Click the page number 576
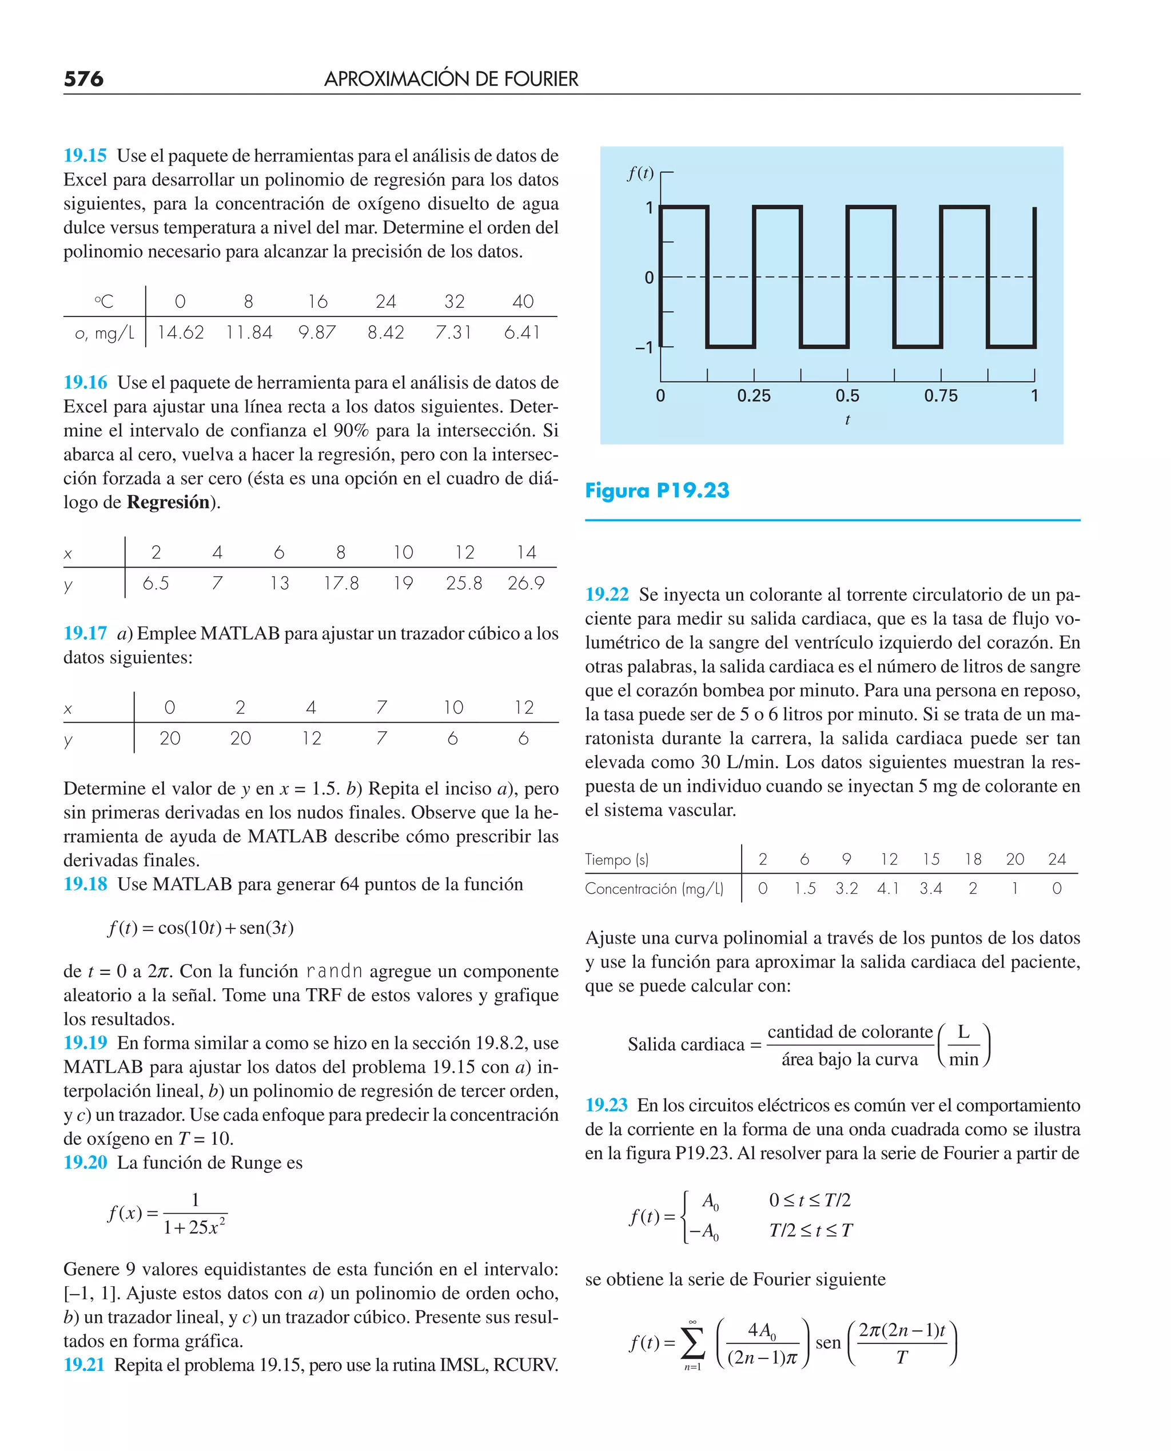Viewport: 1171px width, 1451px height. (x=83, y=79)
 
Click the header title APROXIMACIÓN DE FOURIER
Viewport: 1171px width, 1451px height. (x=451, y=79)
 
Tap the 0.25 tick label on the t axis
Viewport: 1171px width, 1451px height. (x=754, y=395)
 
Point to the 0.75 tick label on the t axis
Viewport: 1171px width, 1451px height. (x=941, y=395)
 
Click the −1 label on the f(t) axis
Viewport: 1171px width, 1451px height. (x=644, y=347)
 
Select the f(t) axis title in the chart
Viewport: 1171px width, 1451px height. (x=640, y=173)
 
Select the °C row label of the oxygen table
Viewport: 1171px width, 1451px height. (x=104, y=301)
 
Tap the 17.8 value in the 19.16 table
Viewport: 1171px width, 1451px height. (x=341, y=583)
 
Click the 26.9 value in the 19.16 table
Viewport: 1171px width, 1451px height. (x=526, y=583)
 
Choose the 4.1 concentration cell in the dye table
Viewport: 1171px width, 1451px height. (x=889, y=889)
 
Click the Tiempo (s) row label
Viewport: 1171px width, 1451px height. (x=616, y=859)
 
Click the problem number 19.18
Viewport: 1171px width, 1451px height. (x=85, y=884)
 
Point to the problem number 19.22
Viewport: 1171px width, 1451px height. (x=607, y=594)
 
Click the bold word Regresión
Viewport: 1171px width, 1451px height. (x=168, y=502)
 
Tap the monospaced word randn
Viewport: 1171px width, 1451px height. (x=334, y=971)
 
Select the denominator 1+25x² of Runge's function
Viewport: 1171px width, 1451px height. (x=194, y=1227)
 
